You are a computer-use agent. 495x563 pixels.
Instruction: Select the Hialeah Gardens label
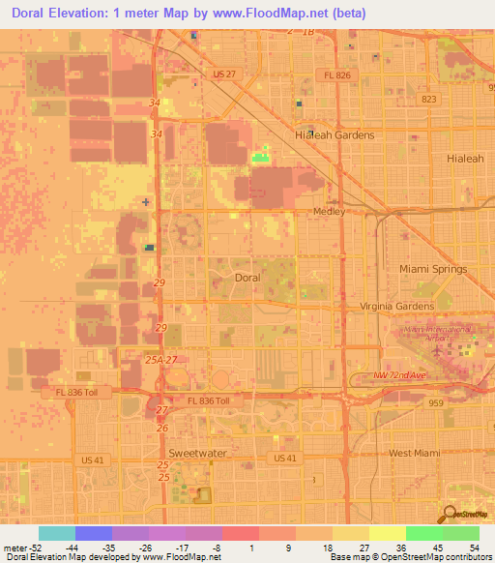[334, 135]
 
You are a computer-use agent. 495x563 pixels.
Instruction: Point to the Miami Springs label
[433, 269]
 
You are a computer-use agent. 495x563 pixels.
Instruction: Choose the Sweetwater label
[194, 453]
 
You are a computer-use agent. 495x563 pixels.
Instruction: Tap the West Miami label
[414, 453]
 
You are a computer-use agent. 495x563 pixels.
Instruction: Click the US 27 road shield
[224, 74]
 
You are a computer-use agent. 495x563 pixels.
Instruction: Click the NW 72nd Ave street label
[399, 374]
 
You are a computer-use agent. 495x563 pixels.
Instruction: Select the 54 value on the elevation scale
[473, 547]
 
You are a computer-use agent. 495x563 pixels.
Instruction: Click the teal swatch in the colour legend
[56, 533]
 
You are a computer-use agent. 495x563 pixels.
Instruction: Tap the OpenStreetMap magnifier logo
[449, 516]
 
